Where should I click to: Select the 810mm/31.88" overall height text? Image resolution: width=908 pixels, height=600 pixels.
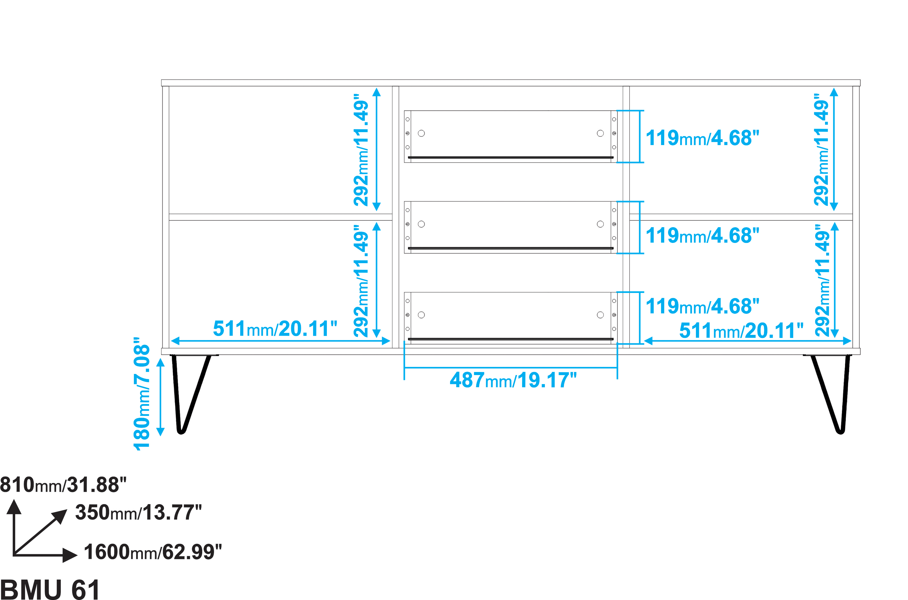coord(63,485)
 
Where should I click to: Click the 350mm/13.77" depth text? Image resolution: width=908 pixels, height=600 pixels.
coord(138,512)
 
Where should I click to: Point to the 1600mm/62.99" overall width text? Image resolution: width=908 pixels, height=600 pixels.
coord(153,552)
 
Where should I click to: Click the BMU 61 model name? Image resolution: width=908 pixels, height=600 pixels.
coord(50,589)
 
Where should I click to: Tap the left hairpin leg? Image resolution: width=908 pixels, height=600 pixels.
coord(190,394)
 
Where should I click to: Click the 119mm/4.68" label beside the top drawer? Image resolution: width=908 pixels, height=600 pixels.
coord(702,138)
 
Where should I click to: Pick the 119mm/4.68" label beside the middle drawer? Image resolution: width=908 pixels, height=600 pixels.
coord(702,236)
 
